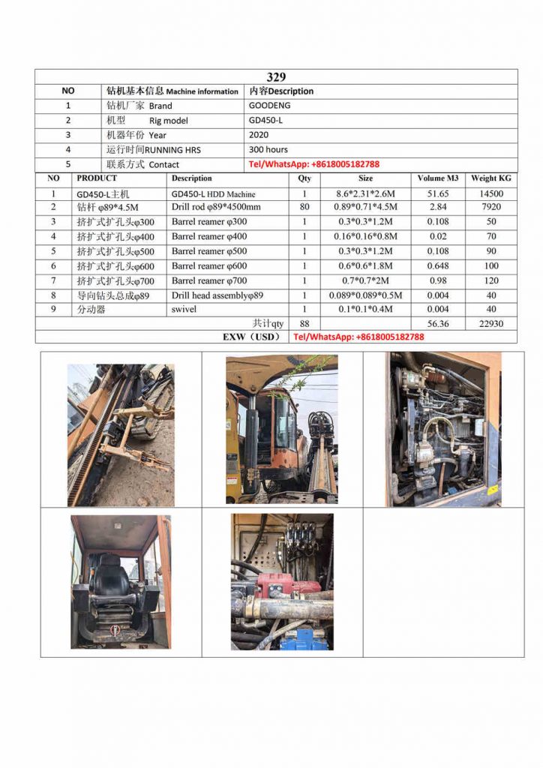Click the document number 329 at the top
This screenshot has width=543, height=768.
pyautogui.click(x=276, y=76)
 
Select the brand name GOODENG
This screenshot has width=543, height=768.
pyautogui.click(x=269, y=106)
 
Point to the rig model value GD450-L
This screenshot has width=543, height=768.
pyautogui.click(x=265, y=120)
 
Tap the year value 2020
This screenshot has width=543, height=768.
pyautogui.click(x=258, y=135)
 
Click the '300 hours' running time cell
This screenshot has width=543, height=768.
pyautogui.click(x=268, y=149)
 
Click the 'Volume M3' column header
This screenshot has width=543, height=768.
pyautogui.click(x=438, y=178)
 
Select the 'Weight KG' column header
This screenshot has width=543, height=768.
pyautogui.click(x=490, y=178)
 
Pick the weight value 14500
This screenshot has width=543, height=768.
pyautogui.click(x=491, y=193)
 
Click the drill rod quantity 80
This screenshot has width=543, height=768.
pyautogui.click(x=304, y=207)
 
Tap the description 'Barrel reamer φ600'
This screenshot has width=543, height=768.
pyautogui.click(x=208, y=265)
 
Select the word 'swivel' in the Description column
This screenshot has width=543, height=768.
pyautogui.click(x=184, y=309)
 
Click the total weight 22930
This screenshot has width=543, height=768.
pyautogui.click(x=491, y=323)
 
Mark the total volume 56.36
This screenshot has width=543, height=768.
pyautogui.click(x=438, y=323)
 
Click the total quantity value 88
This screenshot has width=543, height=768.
pyautogui.click(x=304, y=323)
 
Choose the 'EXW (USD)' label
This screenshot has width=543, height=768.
pyautogui.click(x=250, y=337)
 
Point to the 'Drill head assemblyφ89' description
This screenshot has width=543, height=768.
pyautogui.click(x=217, y=295)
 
